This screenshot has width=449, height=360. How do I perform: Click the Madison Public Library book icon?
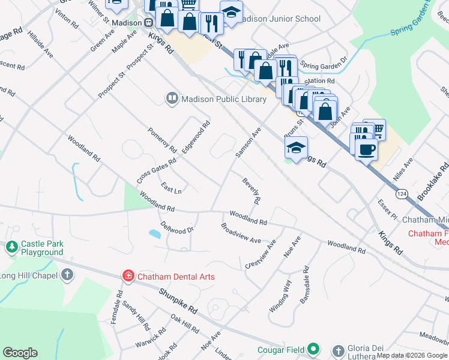pos(172,98)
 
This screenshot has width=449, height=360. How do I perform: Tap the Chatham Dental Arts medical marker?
pos(128,276)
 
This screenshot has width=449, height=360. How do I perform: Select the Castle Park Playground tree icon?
pos(11,246)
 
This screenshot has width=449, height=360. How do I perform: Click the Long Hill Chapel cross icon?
pos(67,275)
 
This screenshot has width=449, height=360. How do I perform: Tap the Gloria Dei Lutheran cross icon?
pos(339,350)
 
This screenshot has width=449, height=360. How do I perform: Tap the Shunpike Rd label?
pos(178,301)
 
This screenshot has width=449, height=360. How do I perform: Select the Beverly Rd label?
pos(252,191)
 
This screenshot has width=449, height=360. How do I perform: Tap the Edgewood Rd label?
pos(196,137)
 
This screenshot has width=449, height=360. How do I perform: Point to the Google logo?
pos(20,353)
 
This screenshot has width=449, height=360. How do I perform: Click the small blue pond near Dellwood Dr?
pos(154,234)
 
